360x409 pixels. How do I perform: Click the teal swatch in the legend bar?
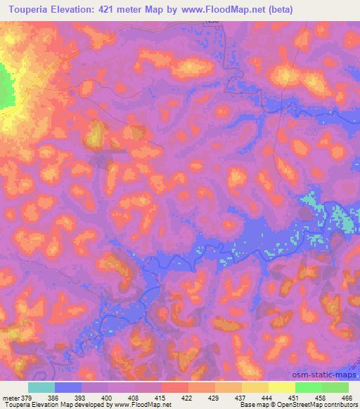pos(41,387)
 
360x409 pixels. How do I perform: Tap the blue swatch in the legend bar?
pos(68,387)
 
